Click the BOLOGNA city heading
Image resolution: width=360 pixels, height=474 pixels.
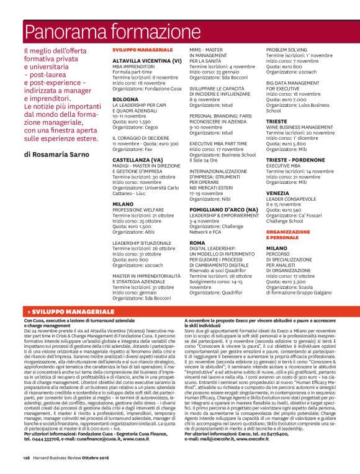click(125, 99)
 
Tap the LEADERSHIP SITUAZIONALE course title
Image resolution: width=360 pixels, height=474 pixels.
click(144, 244)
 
